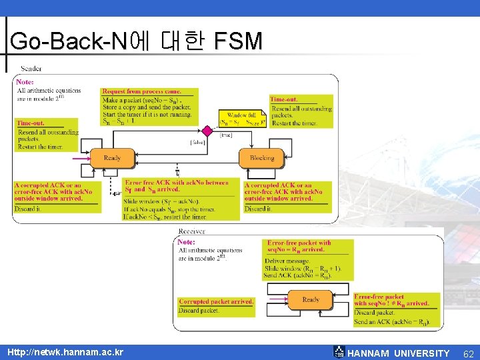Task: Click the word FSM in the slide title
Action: coord(238,41)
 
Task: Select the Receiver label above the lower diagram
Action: coord(192,231)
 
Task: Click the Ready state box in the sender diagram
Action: coord(112,158)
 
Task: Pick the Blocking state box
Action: coord(261,158)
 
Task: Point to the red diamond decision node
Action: coord(207,130)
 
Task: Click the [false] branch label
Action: coord(197,142)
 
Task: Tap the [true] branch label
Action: coord(226,135)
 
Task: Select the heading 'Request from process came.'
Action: coord(141,91)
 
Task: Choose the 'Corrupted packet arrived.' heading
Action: coord(216,301)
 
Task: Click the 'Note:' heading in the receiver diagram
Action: coord(187,242)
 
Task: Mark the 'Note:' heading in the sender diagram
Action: coord(25,82)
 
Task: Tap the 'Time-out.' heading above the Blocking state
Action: coord(284,99)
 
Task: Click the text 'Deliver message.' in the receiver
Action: coord(287,261)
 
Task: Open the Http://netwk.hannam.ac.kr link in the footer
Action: coord(65,351)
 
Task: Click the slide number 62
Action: coord(468,353)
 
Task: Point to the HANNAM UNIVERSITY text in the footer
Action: coord(399,353)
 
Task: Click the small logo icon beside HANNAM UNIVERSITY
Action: coord(339,351)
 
